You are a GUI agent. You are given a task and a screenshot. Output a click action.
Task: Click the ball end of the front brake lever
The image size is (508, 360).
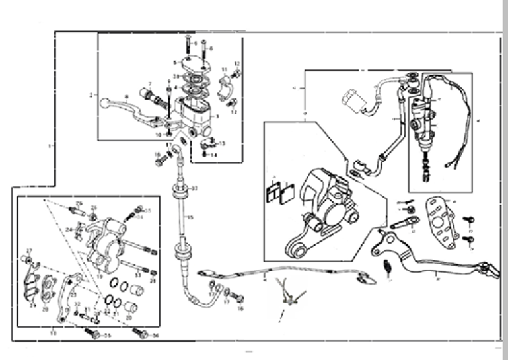(x=105, y=103)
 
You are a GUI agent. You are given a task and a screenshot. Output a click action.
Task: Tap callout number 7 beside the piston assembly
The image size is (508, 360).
(x=150, y=84)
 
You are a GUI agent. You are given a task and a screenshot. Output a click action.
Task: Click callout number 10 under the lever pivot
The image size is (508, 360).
(x=159, y=134)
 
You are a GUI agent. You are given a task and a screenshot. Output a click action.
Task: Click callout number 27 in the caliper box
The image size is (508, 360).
(x=29, y=251)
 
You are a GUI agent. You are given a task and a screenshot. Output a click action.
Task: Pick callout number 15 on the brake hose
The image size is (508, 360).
(x=190, y=217)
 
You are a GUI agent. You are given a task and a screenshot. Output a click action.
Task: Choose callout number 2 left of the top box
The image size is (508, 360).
(x=91, y=95)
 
